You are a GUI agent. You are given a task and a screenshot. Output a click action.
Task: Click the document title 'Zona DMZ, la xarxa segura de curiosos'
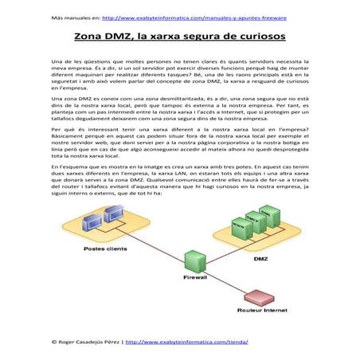click(181, 37)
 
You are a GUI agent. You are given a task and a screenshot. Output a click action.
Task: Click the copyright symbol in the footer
click(53, 341)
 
